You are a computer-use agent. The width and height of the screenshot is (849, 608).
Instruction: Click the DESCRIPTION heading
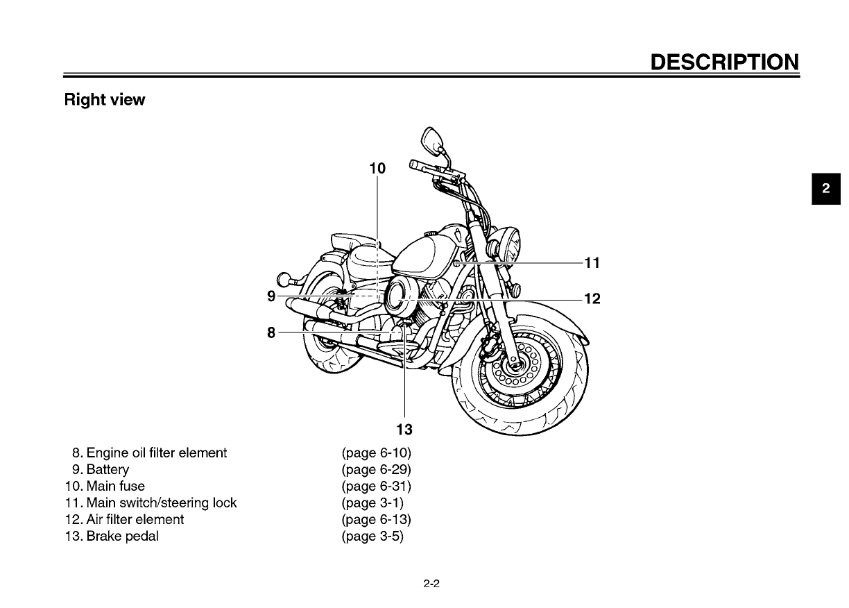(724, 62)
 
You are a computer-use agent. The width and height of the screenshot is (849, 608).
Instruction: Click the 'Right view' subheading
(104, 100)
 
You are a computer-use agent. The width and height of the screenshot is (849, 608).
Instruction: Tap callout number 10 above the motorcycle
(377, 168)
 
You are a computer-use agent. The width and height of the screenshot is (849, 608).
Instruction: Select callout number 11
(592, 263)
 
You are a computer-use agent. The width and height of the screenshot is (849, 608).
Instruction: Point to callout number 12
(592, 299)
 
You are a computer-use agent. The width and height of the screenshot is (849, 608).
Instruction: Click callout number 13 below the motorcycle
(404, 429)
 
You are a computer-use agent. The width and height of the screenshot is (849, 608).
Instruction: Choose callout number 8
(271, 332)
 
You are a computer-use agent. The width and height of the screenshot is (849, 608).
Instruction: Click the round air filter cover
(400, 293)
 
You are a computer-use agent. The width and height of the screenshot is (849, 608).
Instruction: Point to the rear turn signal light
(284, 279)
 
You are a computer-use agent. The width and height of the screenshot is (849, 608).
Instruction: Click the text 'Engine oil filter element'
(156, 453)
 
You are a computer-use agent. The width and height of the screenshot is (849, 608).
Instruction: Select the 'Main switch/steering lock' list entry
(161, 503)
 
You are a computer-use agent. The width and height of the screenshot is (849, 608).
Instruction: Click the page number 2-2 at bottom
(432, 584)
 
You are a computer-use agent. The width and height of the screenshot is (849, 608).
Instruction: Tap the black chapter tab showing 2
(826, 189)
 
